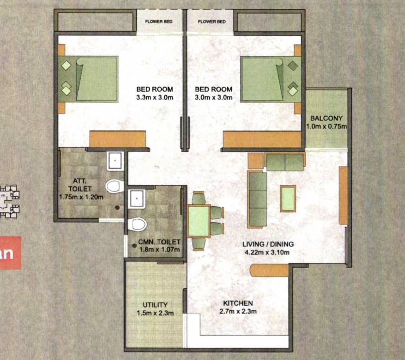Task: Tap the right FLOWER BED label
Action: tap(212, 22)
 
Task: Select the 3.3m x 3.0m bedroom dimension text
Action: tap(155, 97)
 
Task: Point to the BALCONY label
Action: tap(326, 119)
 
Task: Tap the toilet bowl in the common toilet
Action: tap(137, 224)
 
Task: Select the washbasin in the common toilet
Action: tap(138, 199)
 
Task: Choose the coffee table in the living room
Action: tap(288, 198)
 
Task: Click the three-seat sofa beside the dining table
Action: tap(257, 199)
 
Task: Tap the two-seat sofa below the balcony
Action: tap(285, 162)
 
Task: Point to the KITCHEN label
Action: tap(238, 303)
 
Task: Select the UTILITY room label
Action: tap(155, 305)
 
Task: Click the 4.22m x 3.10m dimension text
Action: tap(268, 252)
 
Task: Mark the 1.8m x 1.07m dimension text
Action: tap(159, 249)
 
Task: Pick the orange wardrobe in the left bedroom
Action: tap(117, 139)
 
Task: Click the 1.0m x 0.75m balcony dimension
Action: tap(326, 127)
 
